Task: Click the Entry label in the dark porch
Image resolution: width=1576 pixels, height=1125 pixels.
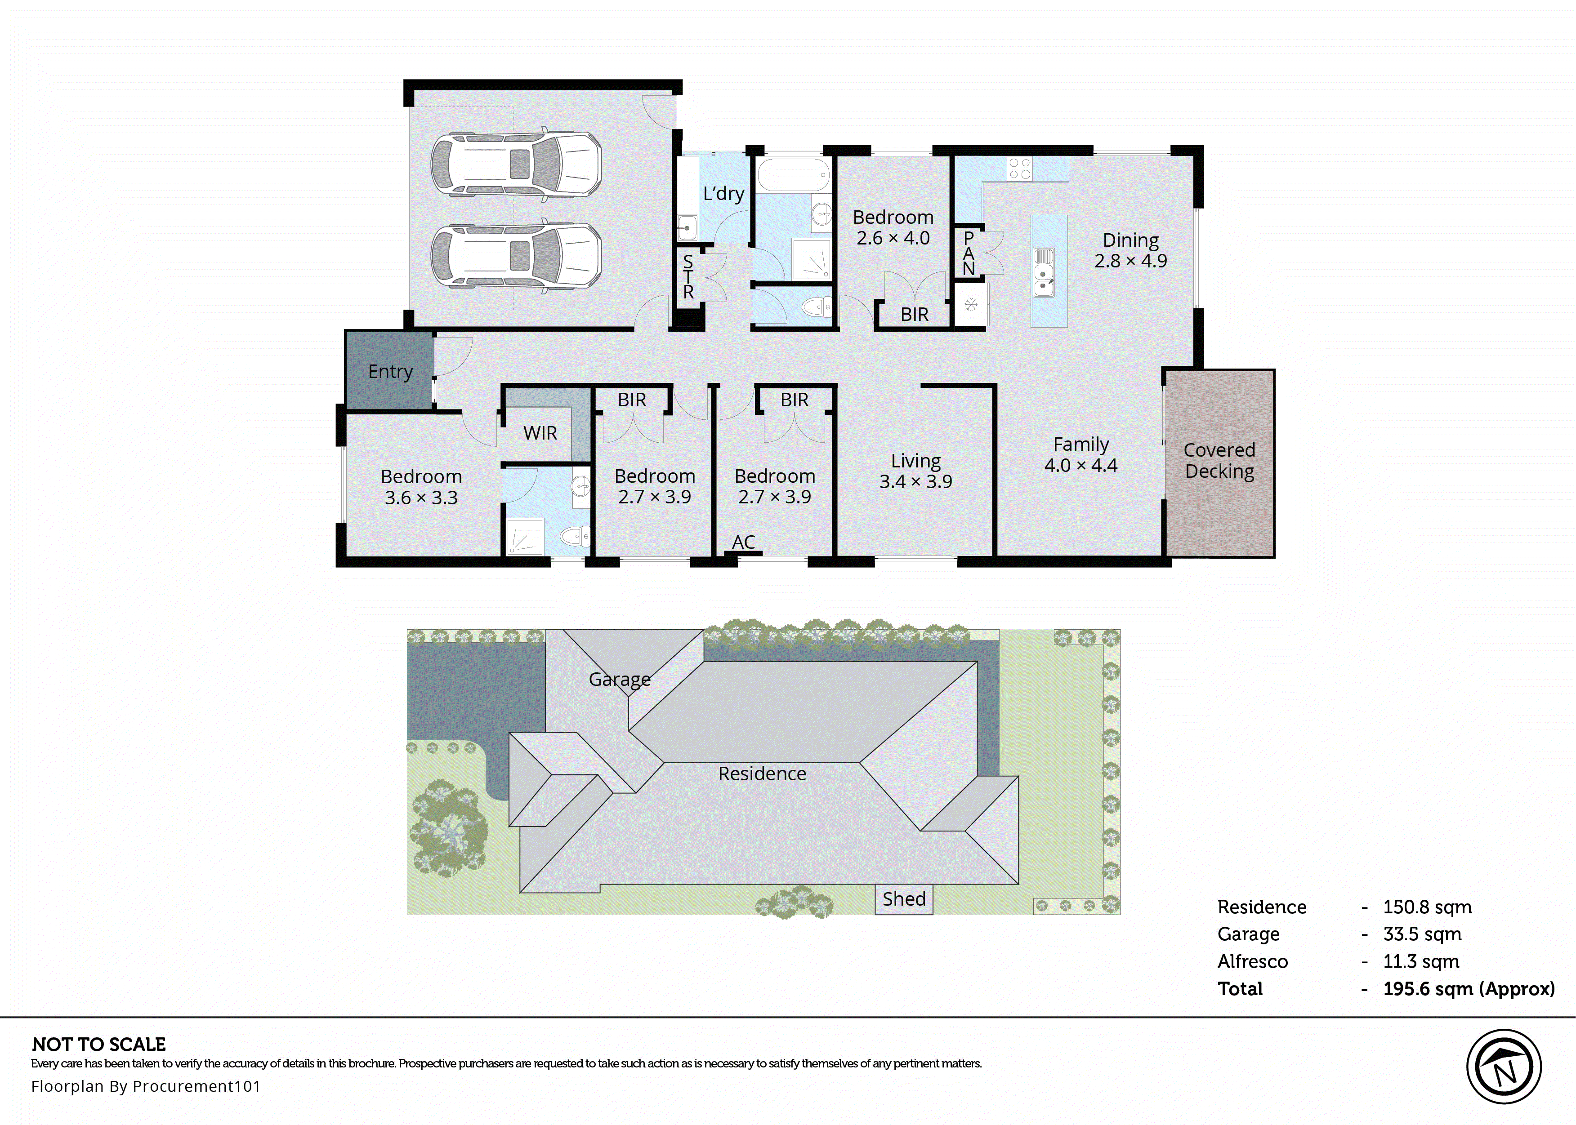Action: point(390,372)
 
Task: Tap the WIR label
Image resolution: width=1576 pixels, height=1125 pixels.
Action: point(540,433)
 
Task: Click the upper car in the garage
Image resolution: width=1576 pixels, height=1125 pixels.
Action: point(516,165)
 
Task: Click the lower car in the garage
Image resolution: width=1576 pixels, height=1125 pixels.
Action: point(516,255)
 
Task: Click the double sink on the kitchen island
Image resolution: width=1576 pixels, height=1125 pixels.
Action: point(1043,272)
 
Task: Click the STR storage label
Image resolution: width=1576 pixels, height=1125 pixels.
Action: point(688,277)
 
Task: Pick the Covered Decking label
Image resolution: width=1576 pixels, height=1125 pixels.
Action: point(1219,461)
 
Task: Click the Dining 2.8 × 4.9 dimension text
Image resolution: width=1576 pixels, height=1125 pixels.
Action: point(1130,261)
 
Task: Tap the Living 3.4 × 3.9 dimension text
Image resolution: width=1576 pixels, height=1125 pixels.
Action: point(915,481)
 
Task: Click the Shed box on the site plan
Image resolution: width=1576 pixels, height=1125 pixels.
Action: point(904,899)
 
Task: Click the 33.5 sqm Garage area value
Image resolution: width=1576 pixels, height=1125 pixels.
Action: point(1422,934)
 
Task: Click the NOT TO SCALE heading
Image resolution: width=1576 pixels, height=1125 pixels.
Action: point(99,1044)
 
